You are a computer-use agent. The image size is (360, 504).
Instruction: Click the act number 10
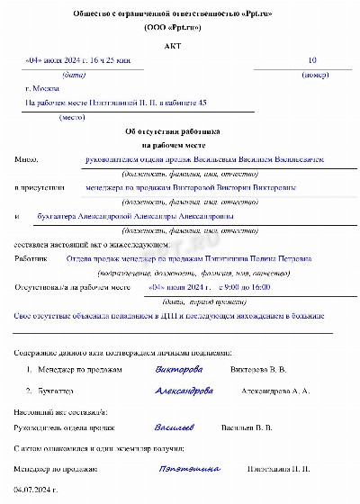click(x=312, y=60)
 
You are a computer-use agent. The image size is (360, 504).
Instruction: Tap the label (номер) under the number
click(x=311, y=75)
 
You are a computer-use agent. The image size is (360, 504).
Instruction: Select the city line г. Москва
click(x=44, y=90)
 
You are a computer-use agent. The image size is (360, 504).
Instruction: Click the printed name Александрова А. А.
click(x=274, y=391)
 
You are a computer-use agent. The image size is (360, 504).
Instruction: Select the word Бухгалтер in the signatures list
click(x=57, y=391)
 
